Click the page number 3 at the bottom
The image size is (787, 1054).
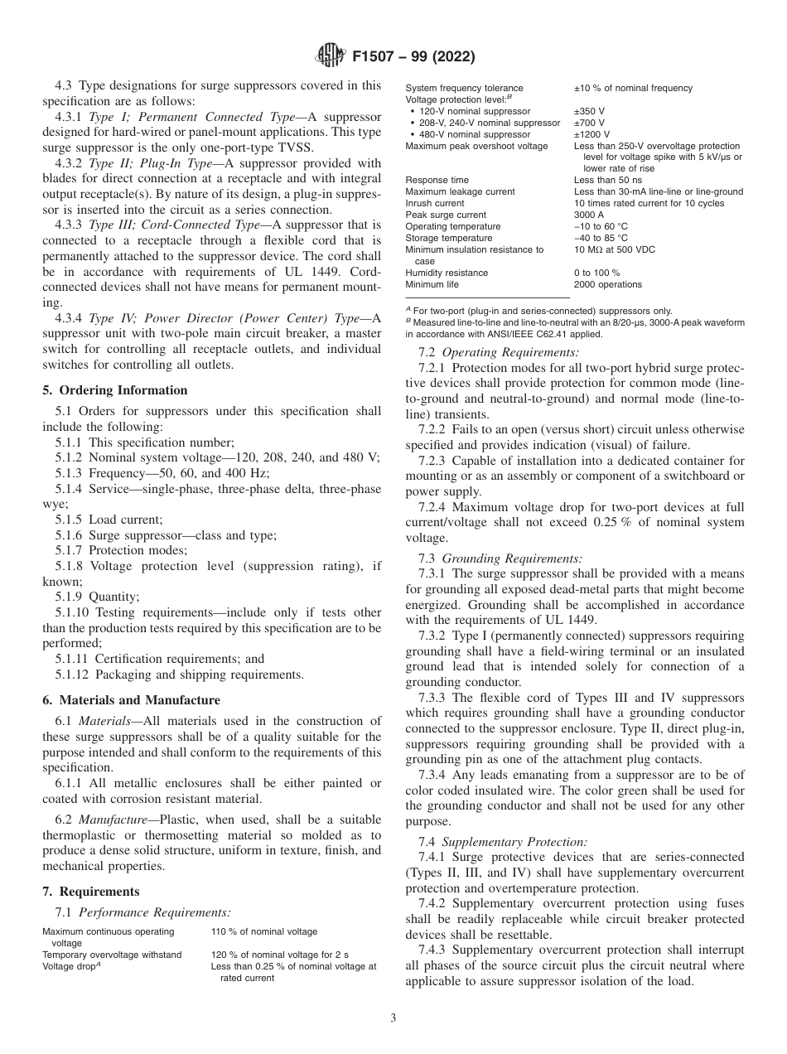(393, 1018)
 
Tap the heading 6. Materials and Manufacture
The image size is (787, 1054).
(131, 700)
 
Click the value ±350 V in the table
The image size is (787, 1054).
(589, 111)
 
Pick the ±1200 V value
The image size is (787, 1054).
(591, 134)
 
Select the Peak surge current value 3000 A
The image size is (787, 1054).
(589, 215)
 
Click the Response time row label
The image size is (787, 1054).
(437, 180)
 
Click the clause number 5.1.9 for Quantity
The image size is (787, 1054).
(70, 596)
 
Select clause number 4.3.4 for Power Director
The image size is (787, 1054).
(71, 319)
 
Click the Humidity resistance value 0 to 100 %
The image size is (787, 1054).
(596, 273)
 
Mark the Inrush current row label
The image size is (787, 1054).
(435, 203)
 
